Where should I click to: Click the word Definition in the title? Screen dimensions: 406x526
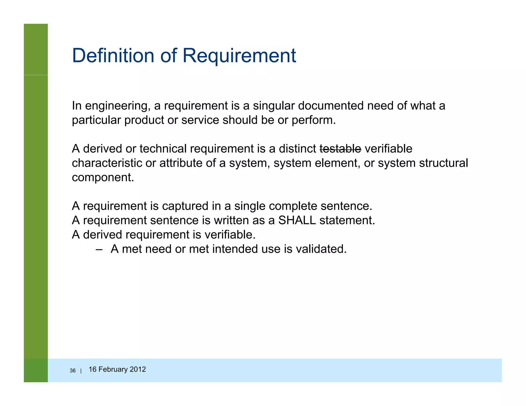(113, 55)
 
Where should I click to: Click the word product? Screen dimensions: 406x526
(144, 120)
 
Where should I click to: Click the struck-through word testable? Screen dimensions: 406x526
(340, 149)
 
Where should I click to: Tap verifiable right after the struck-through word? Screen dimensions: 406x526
(388, 149)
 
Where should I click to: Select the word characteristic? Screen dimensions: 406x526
(107, 163)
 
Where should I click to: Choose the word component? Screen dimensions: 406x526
(103, 178)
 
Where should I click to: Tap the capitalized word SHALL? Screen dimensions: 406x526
(297, 220)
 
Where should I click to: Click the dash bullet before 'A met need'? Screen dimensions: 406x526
(99, 249)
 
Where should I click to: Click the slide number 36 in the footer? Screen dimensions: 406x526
(73, 371)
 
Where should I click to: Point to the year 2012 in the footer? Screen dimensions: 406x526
(138, 369)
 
